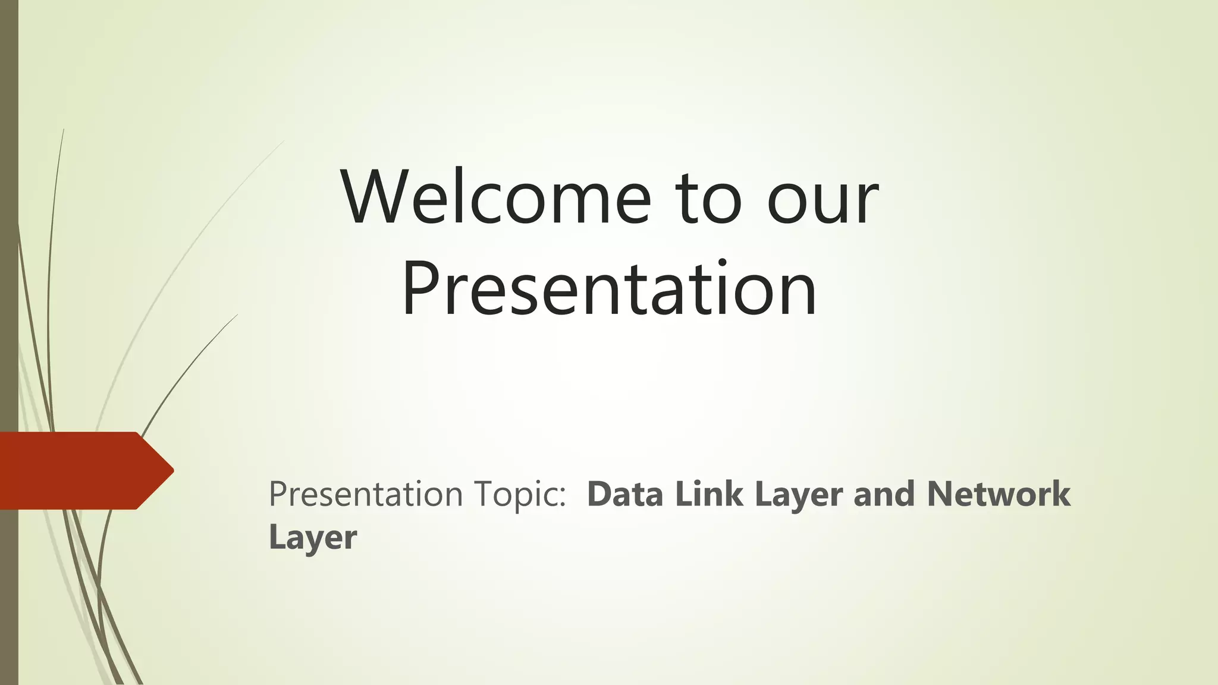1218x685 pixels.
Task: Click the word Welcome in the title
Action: [x=497, y=197]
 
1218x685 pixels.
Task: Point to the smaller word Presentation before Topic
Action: [x=366, y=495]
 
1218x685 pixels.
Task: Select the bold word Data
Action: [x=624, y=495]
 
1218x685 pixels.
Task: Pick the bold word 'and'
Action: [x=884, y=495]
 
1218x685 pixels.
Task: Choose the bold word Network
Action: [x=999, y=495]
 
